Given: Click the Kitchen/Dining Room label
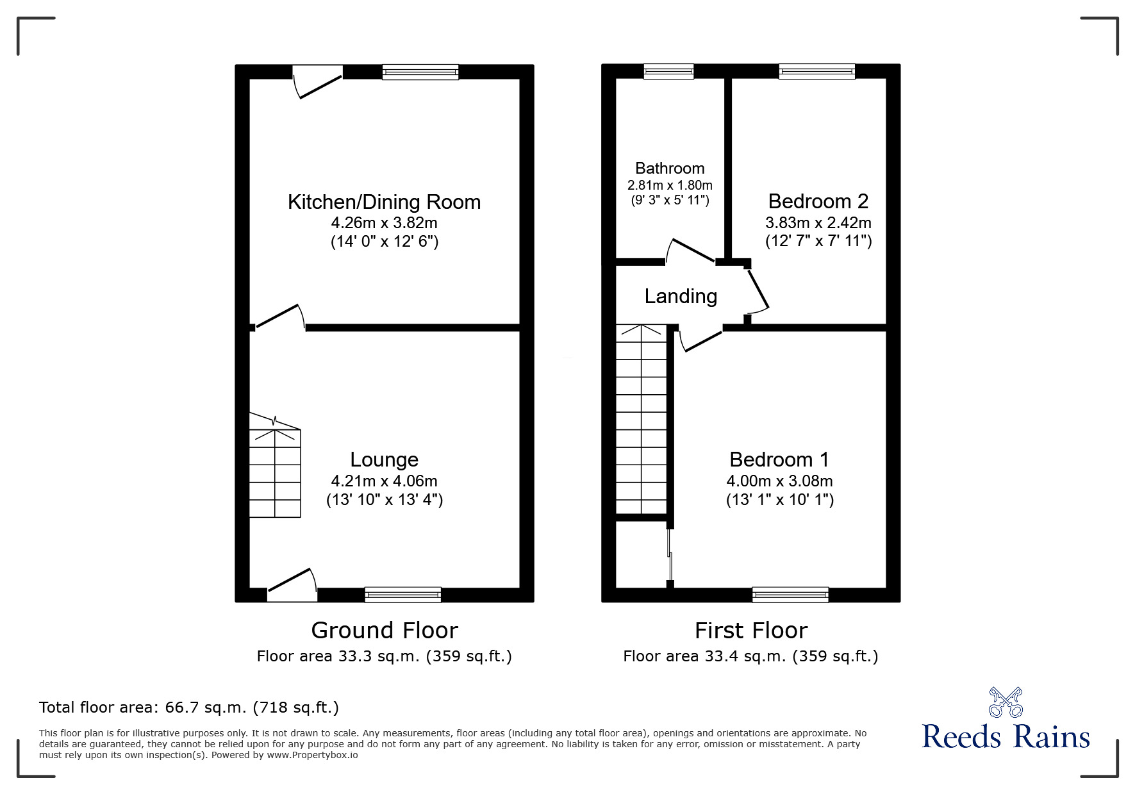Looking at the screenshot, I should tap(384, 202).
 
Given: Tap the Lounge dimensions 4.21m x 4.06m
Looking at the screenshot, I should tap(384, 481).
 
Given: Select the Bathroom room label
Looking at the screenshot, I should tap(670, 169).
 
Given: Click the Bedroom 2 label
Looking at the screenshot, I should tap(818, 201).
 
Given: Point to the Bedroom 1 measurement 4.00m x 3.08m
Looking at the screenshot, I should tap(779, 481).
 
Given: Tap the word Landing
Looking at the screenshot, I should tap(681, 296).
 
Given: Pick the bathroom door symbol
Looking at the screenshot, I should tap(691, 251).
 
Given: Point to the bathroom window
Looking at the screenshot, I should tap(668, 71).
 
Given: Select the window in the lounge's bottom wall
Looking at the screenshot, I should tap(402, 595).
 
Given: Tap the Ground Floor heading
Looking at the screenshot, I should tap(384, 630).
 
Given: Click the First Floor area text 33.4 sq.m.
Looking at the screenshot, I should tap(750, 656).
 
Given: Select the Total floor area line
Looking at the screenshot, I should tap(189, 707).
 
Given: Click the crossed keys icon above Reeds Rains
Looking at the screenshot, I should tap(1006, 702).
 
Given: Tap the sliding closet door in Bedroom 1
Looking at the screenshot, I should tap(670, 555).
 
